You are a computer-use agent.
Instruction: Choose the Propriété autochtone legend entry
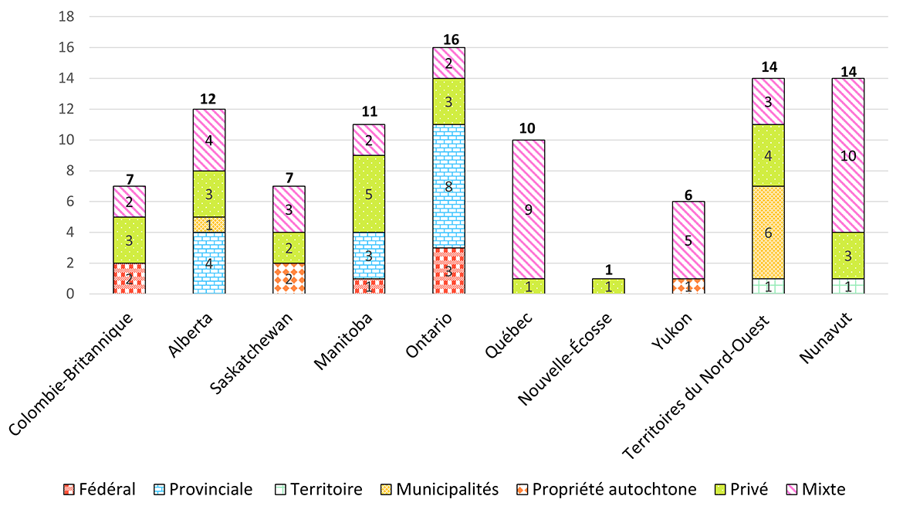tap(606, 489)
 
